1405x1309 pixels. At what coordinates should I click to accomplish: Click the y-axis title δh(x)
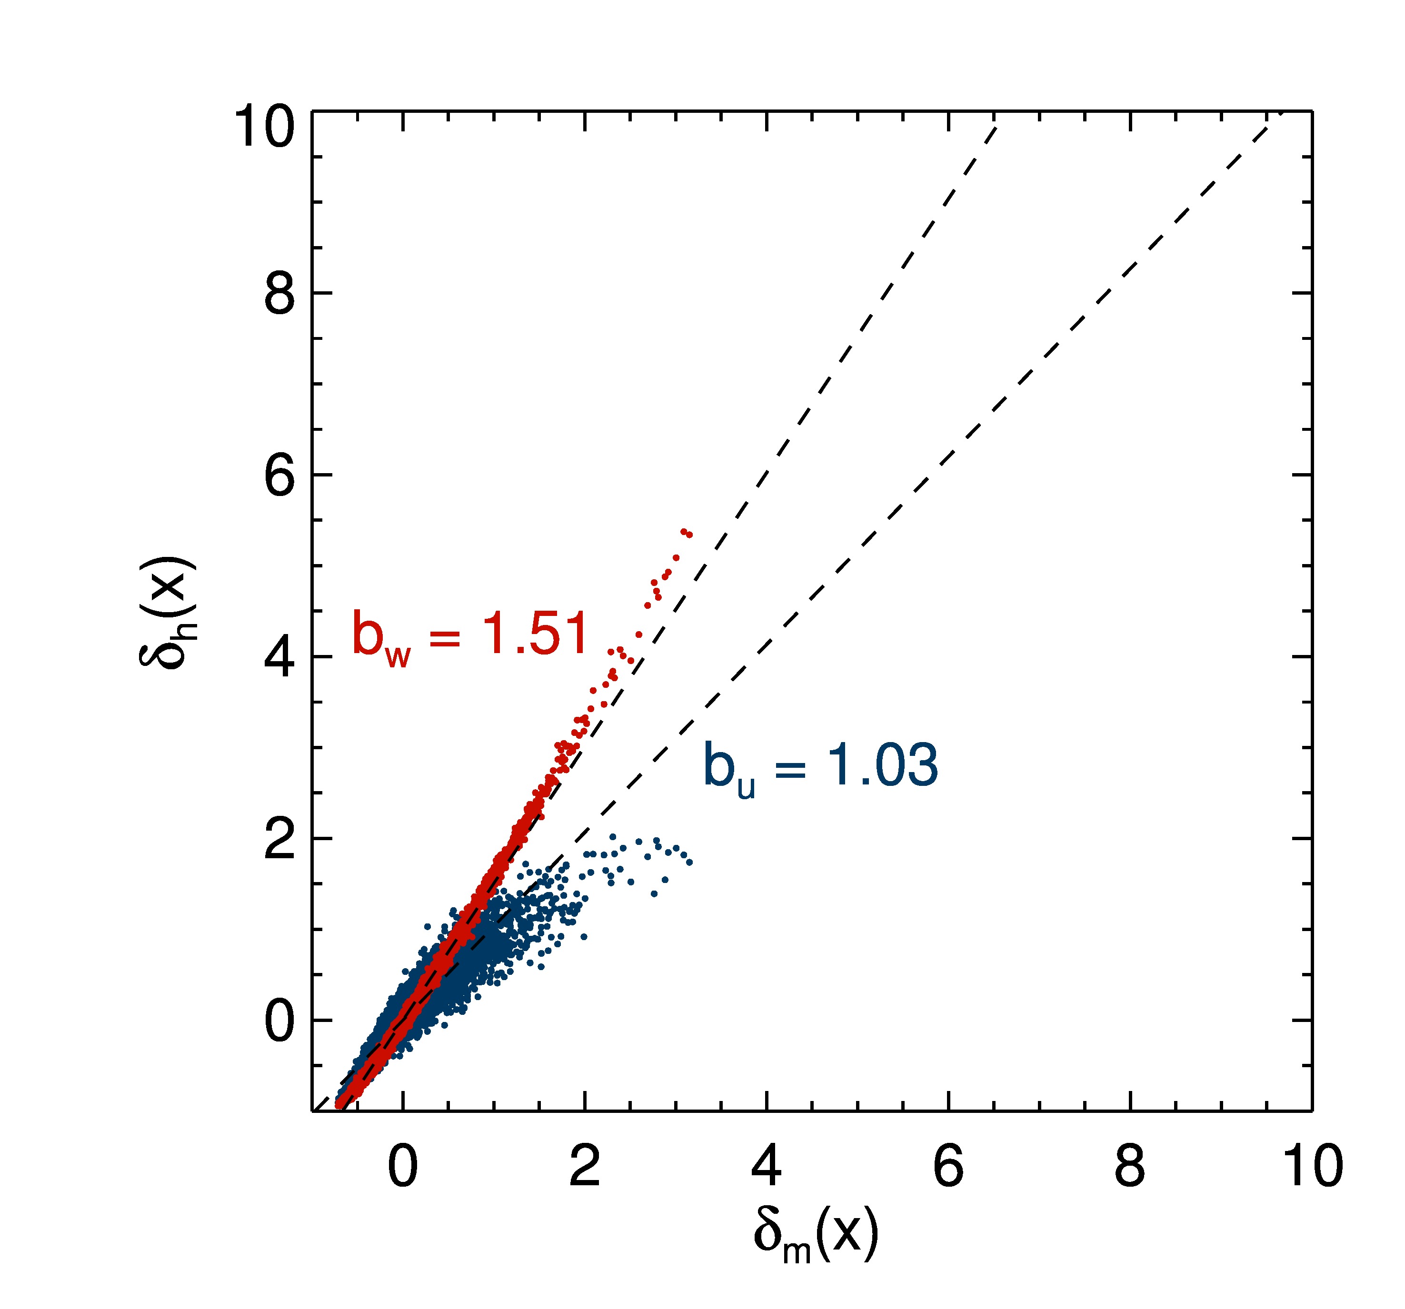(167, 612)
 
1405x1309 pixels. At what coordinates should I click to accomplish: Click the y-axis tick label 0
(279, 1021)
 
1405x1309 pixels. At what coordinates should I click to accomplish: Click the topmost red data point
(683, 531)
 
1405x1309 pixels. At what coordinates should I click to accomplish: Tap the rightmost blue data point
(689, 863)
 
